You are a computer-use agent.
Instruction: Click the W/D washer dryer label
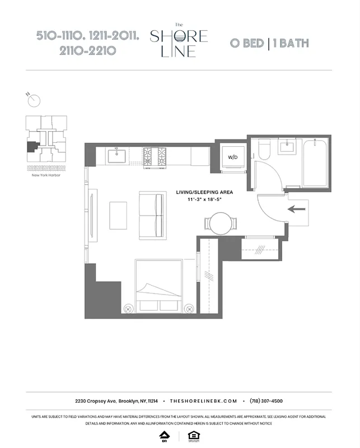point(232,157)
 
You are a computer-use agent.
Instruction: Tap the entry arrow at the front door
point(297,209)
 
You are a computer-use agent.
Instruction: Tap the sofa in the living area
point(152,215)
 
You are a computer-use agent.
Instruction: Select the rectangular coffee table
point(118,215)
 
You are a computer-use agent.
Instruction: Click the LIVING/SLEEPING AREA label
point(204,192)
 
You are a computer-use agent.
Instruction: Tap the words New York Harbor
point(46,175)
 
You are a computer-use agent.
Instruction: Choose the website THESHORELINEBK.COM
point(203,401)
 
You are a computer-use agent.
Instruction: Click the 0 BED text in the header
point(246,43)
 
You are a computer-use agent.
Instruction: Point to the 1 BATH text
point(290,43)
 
